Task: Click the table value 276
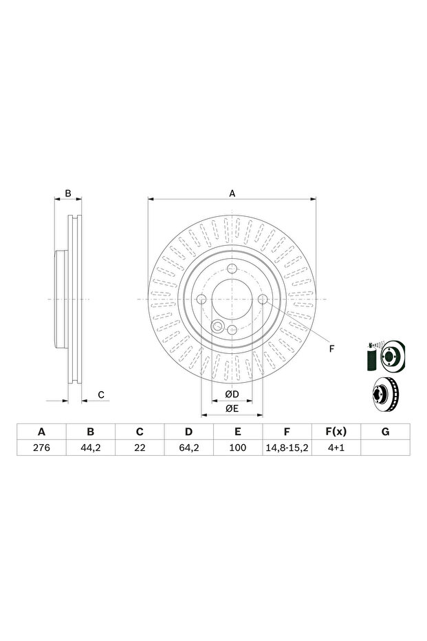pos(41,448)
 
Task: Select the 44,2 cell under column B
pos(90,448)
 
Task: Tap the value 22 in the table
pos(140,448)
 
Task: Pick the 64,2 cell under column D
pos(188,448)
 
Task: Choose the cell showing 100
pos(238,448)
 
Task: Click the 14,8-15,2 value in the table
pos(287,448)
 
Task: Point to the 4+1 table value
pos(336,448)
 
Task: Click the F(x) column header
pos(336,432)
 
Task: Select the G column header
pos(385,432)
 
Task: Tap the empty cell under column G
pos(385,448)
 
